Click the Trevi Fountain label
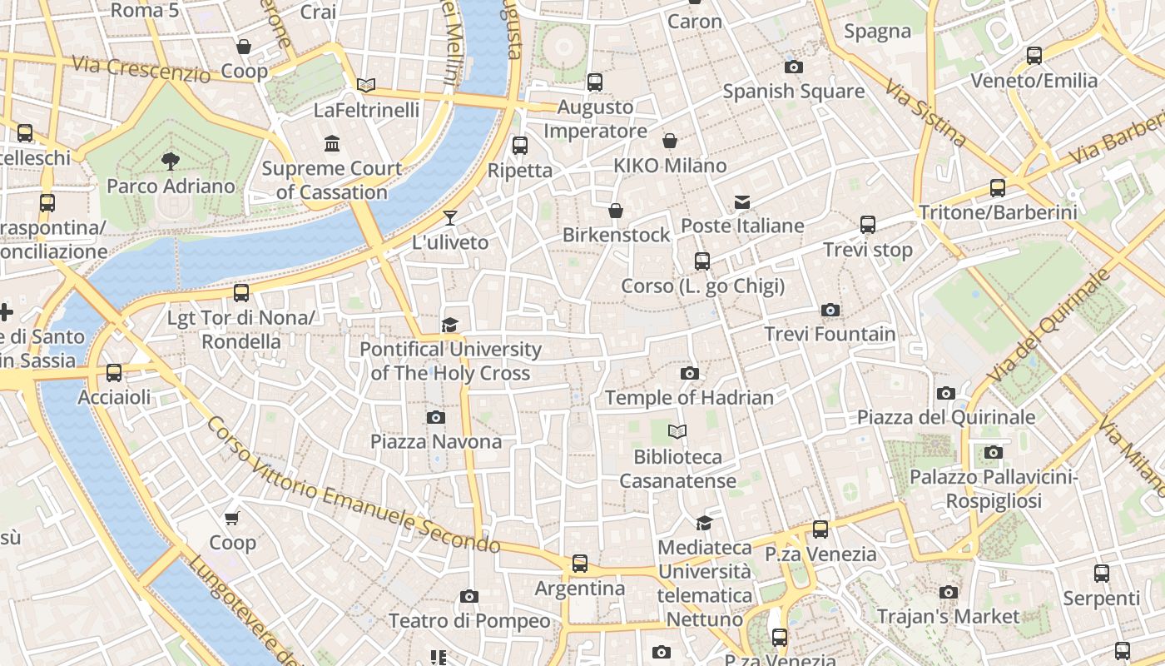830,335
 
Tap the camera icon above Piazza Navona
435,417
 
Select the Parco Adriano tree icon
171,161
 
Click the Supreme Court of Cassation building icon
332,143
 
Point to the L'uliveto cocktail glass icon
450,218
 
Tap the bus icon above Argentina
580,564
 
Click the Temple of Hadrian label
689,398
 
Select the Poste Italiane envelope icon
741,202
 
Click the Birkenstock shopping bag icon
616,211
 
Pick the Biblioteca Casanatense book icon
678,431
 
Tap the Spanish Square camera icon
793,67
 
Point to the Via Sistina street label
925,113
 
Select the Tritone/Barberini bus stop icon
997,188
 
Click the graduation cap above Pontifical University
450,325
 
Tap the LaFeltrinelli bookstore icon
366,85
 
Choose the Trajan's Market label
948,617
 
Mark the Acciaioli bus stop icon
114,373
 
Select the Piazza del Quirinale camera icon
945,393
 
